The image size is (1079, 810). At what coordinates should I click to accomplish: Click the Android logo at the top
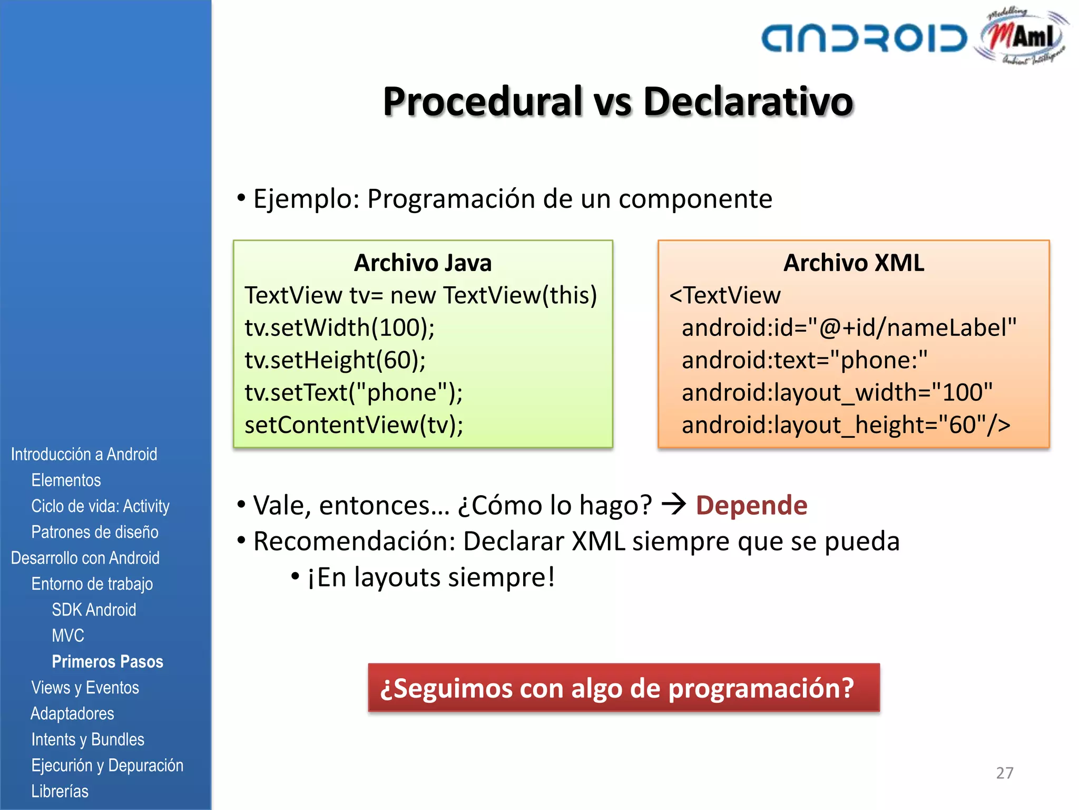pos(864,38)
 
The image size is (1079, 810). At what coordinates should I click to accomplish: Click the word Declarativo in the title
pos(748,101)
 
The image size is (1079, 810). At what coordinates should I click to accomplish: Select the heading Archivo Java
pos(423,263)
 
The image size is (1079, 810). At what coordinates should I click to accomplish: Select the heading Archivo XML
pos(854,263)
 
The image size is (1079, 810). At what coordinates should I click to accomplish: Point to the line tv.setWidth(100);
pos(340,327)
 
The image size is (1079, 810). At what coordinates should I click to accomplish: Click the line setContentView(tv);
pos(354,425)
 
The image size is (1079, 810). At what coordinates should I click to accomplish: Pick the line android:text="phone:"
pos(805,360)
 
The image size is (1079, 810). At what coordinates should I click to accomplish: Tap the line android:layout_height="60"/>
pos(846,425)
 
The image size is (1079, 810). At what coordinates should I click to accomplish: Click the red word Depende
pos(751,505)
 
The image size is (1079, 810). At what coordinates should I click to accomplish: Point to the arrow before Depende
pos(674,504)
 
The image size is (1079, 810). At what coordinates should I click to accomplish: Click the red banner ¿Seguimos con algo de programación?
pos(624,688)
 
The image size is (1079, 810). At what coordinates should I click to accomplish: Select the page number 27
pos(1005,773)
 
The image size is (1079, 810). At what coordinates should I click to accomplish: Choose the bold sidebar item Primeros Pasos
pos(107,661)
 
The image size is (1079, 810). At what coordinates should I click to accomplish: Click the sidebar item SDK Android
pos(94,610)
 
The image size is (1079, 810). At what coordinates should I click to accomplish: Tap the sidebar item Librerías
pos(60,791)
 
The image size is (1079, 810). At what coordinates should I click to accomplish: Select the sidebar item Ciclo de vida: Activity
pos(100,506)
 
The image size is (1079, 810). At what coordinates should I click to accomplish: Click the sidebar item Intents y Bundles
pos(87,739)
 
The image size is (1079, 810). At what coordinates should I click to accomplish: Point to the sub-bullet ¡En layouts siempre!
pos(430,577)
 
